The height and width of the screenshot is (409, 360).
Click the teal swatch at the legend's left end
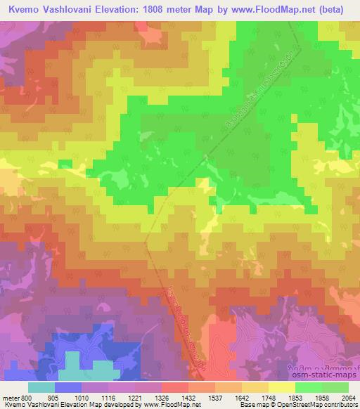pyautogui.click(x=41, y=387)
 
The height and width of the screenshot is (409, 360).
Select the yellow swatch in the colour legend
pyautogui.click(x=281, y=387)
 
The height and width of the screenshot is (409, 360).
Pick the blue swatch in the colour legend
pyautogui.click(x=68, y=387)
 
